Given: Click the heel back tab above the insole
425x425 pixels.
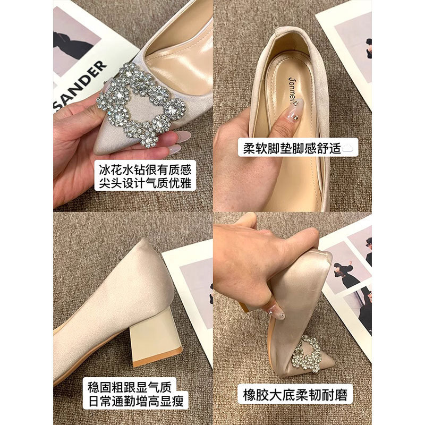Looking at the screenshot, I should (295, 40).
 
